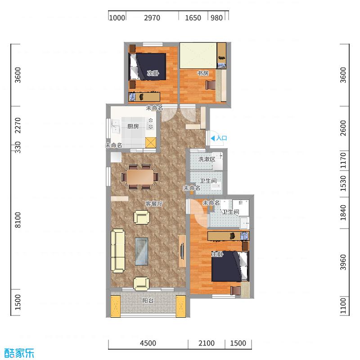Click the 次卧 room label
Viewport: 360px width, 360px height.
pyautogui.click(x=153, y=73)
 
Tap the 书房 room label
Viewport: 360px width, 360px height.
pyautogui.click(x=202, y=73)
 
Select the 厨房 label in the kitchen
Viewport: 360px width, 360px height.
pyautogui.click(x=133, y=126)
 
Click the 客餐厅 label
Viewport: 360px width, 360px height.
pyautogui.click(x=153, y=203)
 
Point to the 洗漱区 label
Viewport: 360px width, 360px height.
pyautogui.click(x=208, y=159)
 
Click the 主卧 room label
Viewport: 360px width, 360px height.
pyautogui.click(x=217, y=255)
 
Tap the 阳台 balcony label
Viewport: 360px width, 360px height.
pyautogui.click(x=148, y=301)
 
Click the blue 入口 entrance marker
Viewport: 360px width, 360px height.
pyautogui.click(x=219, y=139)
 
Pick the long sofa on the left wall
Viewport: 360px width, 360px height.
pyautogui.click(x=118, y=251)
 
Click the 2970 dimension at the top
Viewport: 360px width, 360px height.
pyautogui.click(x=152, y=18)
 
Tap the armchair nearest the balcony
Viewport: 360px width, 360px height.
pyautogui.click(x=141, y=283)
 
